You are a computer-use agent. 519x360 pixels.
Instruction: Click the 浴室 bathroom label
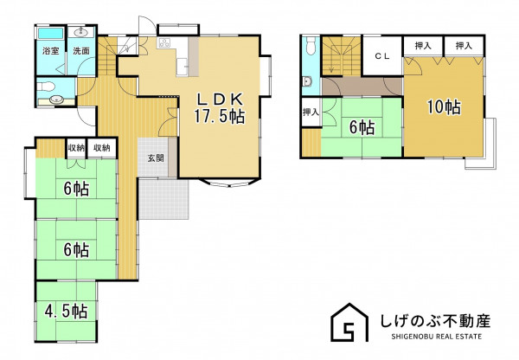51,51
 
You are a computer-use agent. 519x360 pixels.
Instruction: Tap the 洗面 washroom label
81,51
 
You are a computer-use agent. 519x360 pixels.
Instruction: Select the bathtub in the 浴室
51,33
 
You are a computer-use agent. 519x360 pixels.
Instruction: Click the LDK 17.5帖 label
220,108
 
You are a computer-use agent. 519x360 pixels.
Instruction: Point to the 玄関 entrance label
156,158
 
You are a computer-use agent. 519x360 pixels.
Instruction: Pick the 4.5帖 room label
67,311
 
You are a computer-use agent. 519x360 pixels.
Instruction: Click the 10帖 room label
444,106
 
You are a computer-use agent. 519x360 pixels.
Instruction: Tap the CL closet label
382,56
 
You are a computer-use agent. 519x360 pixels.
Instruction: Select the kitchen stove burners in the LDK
164,43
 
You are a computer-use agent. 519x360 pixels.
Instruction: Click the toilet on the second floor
311,46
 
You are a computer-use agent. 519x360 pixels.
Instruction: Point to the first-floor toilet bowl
46,87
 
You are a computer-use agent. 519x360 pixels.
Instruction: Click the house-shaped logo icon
349,322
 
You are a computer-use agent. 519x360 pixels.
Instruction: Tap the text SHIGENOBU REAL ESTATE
437,337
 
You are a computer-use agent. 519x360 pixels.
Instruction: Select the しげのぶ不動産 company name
435,320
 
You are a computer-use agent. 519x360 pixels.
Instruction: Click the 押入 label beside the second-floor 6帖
311,112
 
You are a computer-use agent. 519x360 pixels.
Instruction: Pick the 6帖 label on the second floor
362,127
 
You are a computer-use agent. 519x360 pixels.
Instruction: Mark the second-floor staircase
342,56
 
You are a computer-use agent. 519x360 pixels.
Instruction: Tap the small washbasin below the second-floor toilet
307,81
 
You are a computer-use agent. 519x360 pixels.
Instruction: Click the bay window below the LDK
230,183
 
